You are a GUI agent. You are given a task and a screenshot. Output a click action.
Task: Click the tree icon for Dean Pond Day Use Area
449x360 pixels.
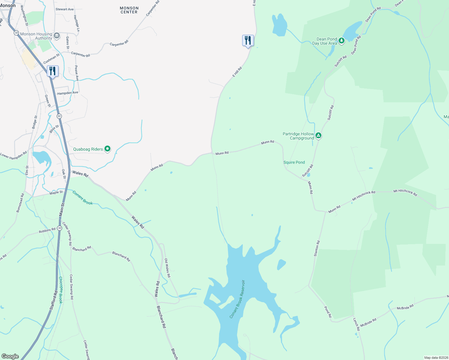[341, 40]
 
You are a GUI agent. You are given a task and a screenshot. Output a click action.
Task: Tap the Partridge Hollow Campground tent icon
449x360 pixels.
[318, 136]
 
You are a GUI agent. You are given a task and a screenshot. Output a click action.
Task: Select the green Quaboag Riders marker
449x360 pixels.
[107, 149]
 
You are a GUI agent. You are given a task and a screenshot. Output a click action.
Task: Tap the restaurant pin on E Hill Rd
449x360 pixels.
[248, 40]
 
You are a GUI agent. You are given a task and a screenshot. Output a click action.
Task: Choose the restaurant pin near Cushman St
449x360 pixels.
[53, 71]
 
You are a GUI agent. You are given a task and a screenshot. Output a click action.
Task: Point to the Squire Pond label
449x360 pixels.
[294, 162]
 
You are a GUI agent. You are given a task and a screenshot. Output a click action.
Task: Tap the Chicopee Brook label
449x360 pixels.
[61, 290]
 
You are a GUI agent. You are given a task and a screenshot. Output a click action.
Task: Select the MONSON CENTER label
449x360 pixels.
[129, 10]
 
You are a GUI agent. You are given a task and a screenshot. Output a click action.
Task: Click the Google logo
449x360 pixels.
[10, 356]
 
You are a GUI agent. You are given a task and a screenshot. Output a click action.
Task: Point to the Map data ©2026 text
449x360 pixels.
[436, 358]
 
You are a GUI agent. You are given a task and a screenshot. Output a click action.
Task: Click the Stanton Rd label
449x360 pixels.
[317, 248]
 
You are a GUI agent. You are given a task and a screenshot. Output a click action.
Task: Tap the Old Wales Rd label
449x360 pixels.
[167, 268]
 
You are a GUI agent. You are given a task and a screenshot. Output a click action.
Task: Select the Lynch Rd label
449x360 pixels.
[356, 324]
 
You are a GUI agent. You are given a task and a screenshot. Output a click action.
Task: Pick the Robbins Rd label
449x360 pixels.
[47, 231]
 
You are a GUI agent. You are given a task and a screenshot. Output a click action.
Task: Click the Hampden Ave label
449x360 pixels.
[68, 93]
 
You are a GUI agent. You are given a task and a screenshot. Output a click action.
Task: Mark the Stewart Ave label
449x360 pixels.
[65, 9]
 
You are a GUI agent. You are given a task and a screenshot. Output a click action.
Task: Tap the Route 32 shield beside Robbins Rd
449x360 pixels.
[60, 228]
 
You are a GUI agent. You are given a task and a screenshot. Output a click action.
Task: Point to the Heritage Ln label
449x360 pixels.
[77, 23]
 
